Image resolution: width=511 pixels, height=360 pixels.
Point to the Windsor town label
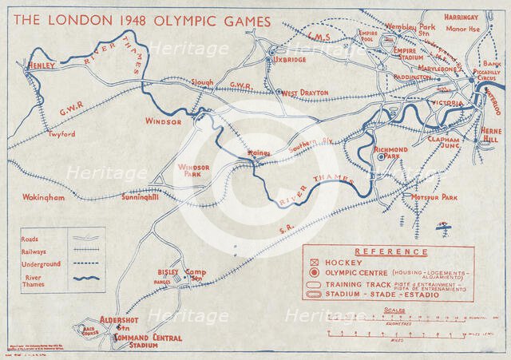(x=163, y=121)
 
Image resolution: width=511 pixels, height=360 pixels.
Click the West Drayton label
(x=303, y=93)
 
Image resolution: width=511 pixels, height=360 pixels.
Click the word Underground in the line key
(x=42, y=263)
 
